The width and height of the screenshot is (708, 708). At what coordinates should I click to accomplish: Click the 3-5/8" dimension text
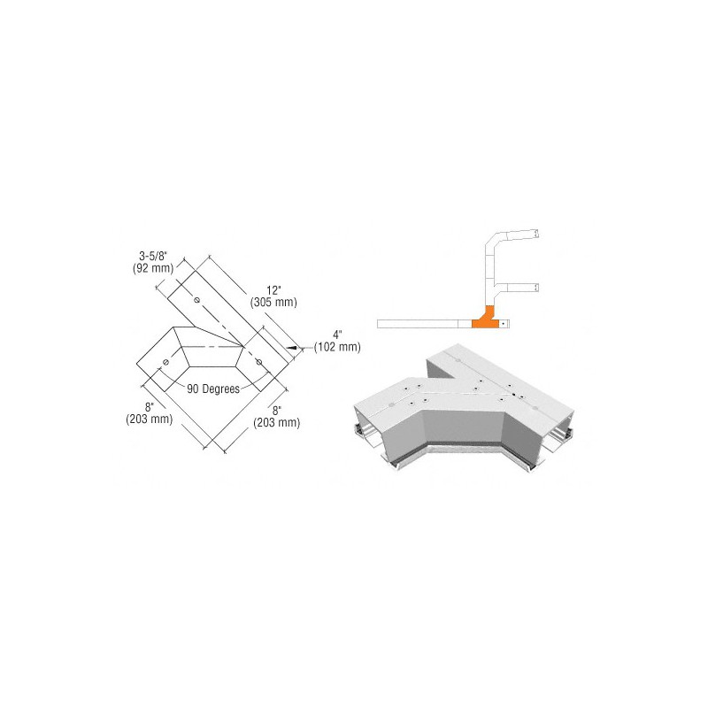153,257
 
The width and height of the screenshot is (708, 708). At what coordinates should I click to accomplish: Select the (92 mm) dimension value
153,268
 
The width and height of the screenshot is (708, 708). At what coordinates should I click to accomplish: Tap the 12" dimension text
273,290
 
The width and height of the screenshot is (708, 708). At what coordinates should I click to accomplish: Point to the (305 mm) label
273,302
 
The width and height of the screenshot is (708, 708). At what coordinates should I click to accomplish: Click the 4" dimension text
337,335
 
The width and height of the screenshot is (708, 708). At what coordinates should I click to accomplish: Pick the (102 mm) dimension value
337,347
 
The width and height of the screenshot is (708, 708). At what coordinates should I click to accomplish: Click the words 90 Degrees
213,389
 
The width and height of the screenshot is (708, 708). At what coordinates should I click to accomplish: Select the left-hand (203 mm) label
149,419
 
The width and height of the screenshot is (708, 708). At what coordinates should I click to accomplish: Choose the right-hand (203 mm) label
276,422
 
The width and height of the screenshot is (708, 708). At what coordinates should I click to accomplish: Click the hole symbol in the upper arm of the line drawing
196,300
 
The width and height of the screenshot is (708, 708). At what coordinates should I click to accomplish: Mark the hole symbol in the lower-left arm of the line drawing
165,362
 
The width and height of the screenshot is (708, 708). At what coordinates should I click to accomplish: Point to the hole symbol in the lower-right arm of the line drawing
259,362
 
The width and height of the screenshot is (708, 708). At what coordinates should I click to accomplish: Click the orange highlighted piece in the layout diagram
486,319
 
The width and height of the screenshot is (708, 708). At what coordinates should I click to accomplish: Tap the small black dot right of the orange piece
503,323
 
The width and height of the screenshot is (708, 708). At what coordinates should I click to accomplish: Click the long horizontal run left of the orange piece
418,323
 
